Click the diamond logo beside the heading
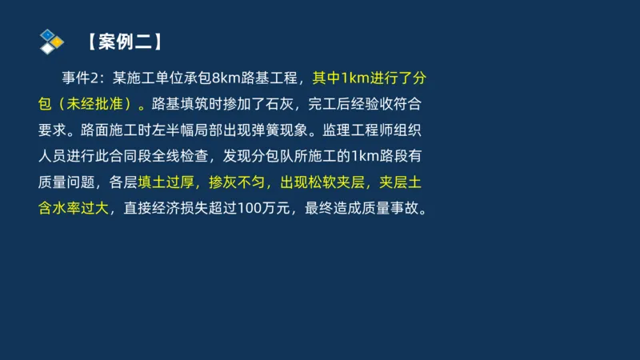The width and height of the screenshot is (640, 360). click(x=51, y=41)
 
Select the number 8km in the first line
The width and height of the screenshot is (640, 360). click(x=226, y=78)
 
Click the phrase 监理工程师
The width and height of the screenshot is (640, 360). click(x=358, y=130)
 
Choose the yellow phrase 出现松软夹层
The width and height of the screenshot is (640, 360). click(x=314, y=182)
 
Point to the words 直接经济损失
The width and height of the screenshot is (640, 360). click(x=164, y=209)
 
